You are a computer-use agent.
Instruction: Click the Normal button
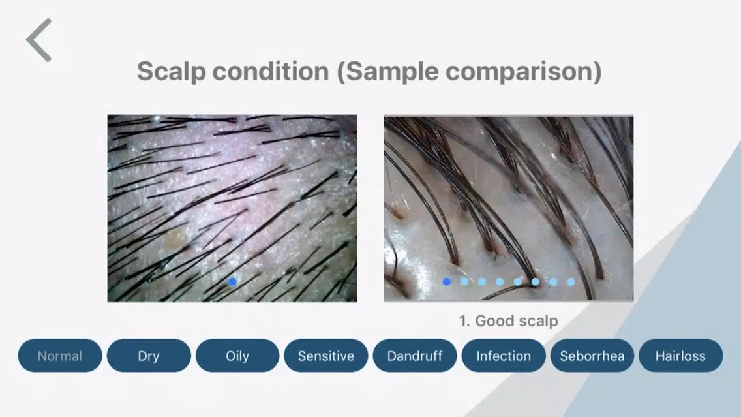pos(60,356)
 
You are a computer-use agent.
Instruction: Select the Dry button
pos(149,356)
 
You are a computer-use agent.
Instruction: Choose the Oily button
pos(237,356)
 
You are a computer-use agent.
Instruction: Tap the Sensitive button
pos(326,356)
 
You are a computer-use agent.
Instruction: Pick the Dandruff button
pos(415,356)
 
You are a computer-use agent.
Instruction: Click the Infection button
pos(504,356)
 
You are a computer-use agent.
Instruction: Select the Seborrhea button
pos(592,356)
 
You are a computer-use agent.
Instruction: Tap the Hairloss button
pos(680,356)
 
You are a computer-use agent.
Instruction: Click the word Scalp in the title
pos(171,72)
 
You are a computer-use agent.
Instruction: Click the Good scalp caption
pos(509,320)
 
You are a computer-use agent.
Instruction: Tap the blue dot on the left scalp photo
pos(232,282)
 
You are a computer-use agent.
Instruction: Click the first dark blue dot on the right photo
pos(447,282)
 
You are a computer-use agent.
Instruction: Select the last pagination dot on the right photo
pos(571,282)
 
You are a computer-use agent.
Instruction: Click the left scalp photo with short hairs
pos(232,208)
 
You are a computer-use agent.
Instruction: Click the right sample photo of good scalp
pos(509,208)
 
